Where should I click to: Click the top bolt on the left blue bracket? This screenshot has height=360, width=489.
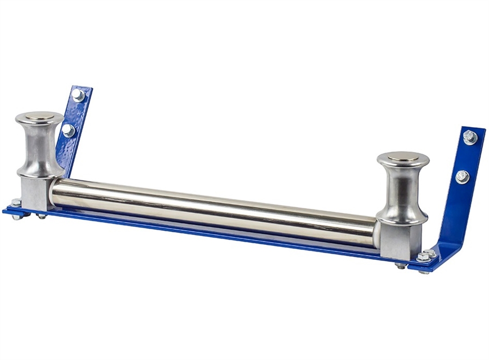coord(78,95)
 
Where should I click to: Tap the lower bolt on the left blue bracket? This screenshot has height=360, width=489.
coord(68,130)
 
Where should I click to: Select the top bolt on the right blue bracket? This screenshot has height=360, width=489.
coord(470,137)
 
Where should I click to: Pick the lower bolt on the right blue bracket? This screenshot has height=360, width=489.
coord(462,176)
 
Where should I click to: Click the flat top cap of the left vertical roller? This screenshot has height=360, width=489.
coord(39,116)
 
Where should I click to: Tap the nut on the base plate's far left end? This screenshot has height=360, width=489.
coord(16,204)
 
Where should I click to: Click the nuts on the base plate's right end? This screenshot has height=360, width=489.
coord(425,255)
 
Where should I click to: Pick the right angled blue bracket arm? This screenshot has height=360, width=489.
coord(459,190)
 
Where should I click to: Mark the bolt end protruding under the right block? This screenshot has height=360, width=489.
coord(400,266)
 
